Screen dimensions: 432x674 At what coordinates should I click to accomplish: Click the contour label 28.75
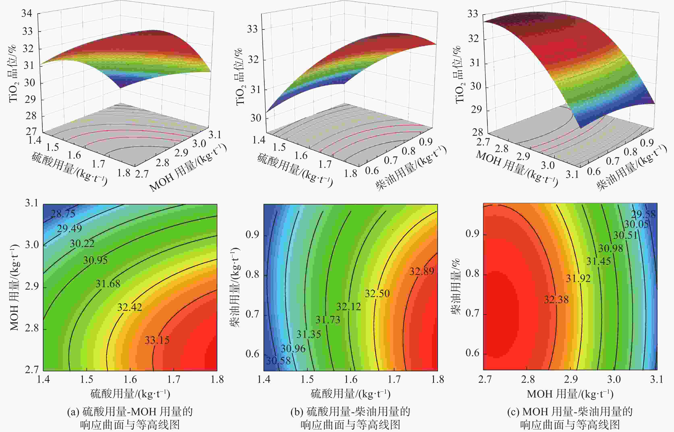[63, 214]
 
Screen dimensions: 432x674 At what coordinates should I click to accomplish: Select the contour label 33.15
[157, 340]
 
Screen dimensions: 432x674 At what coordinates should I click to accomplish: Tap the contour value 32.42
[129, 307]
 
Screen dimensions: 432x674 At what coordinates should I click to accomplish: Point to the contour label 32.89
[422, 271]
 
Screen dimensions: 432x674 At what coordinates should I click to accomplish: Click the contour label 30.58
[278, 360]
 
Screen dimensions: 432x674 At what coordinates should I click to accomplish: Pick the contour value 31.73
[328, 320]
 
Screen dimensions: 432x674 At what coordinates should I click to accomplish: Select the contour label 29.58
[643, 214]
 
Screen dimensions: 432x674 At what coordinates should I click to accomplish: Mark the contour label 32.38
[556, 299]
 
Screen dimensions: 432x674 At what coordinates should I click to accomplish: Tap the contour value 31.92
[578, 278]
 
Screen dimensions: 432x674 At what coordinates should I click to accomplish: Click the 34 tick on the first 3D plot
[27, 14]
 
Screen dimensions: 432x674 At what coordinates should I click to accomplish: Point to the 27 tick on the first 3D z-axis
[31, 131]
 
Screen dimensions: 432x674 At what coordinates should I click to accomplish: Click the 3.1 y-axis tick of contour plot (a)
[31, 203]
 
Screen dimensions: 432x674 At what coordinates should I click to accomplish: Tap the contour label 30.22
[82, 243]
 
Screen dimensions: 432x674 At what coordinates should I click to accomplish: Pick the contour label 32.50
[377, 293]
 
